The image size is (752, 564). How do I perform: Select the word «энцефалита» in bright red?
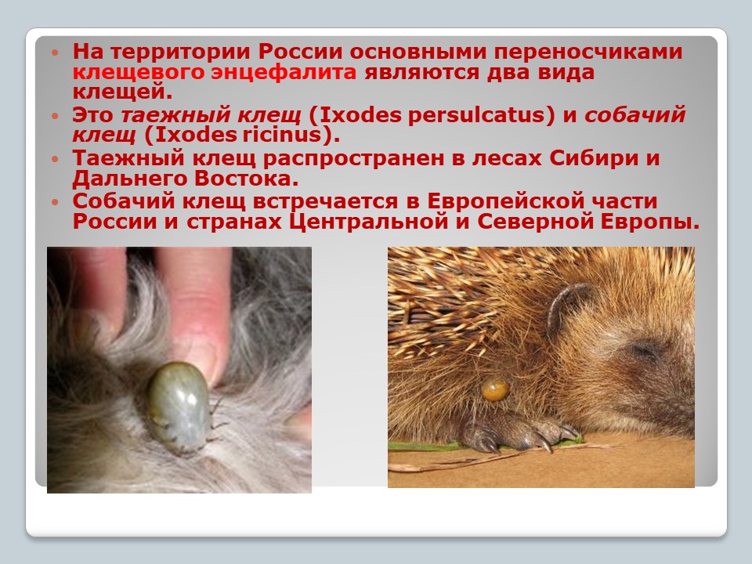pos(284,72)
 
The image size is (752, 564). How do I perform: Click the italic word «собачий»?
pos(635,115)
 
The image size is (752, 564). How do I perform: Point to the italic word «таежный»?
pos(175,115)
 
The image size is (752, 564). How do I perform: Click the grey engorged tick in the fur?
pos(179,406)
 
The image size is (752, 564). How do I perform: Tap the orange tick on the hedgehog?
pos(494,389)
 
